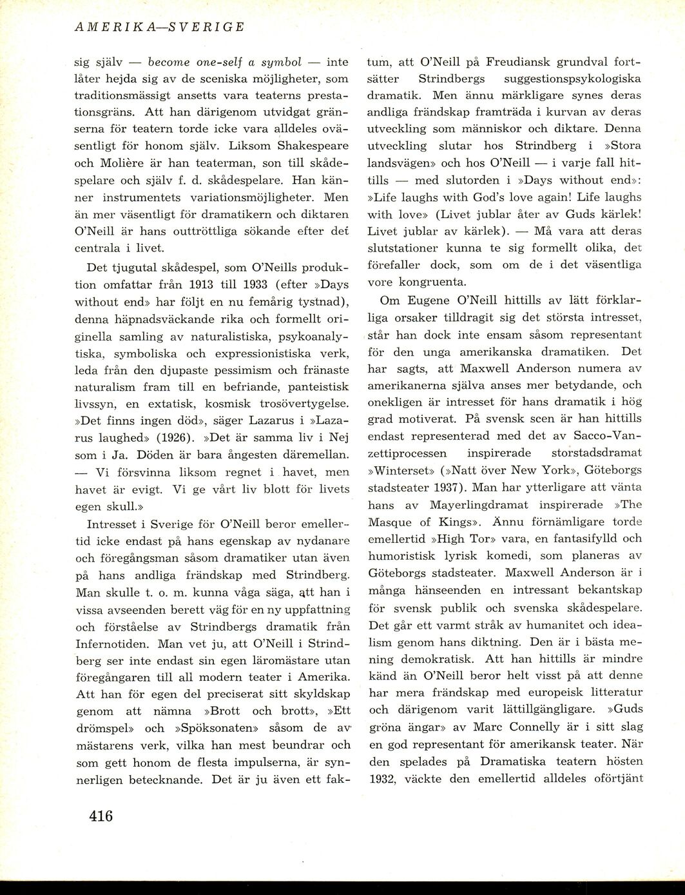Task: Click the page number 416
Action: coord(101,816)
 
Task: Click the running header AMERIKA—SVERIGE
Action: coord(160,28)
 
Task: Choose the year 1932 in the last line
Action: coord(385,778)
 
